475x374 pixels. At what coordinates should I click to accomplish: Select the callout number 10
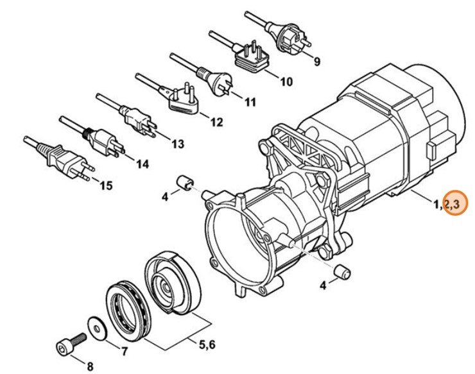(286, 81)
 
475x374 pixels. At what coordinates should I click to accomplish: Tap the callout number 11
(250, 102)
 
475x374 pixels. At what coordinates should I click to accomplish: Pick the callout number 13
(177, 143)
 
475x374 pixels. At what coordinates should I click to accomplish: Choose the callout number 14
(142, 164)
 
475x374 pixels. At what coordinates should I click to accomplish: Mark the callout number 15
(106, 185)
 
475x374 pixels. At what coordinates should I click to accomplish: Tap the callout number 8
(89, 367)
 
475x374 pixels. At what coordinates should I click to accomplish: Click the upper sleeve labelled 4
(185, 183)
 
